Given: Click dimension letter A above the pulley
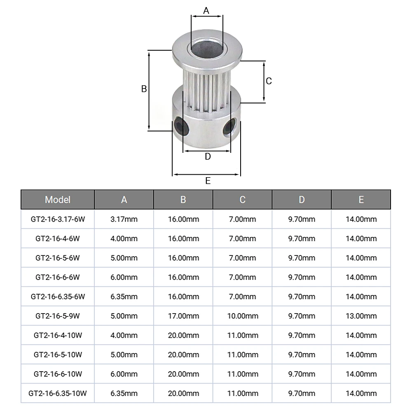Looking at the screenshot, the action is [206, 11].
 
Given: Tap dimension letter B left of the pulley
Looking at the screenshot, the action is [144, 89].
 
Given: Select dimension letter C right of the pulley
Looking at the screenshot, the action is [269, 81].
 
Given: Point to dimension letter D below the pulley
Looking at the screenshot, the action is [208, 157].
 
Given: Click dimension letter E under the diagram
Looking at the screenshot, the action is [208, 181].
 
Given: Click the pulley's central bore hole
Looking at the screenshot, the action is [207, 48].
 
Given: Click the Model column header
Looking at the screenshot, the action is [58, 200].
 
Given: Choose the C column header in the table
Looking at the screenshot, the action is [243, 200].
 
